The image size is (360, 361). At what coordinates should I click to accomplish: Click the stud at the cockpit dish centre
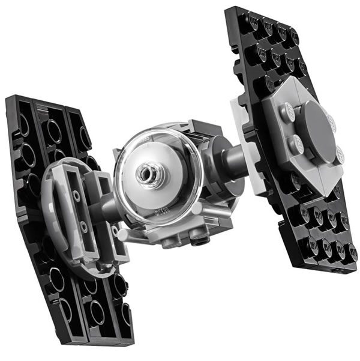tap(146, 174)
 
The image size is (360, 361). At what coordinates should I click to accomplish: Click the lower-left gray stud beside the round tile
tap(295, 144)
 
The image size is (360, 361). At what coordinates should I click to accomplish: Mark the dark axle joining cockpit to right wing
tap(229, 158)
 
